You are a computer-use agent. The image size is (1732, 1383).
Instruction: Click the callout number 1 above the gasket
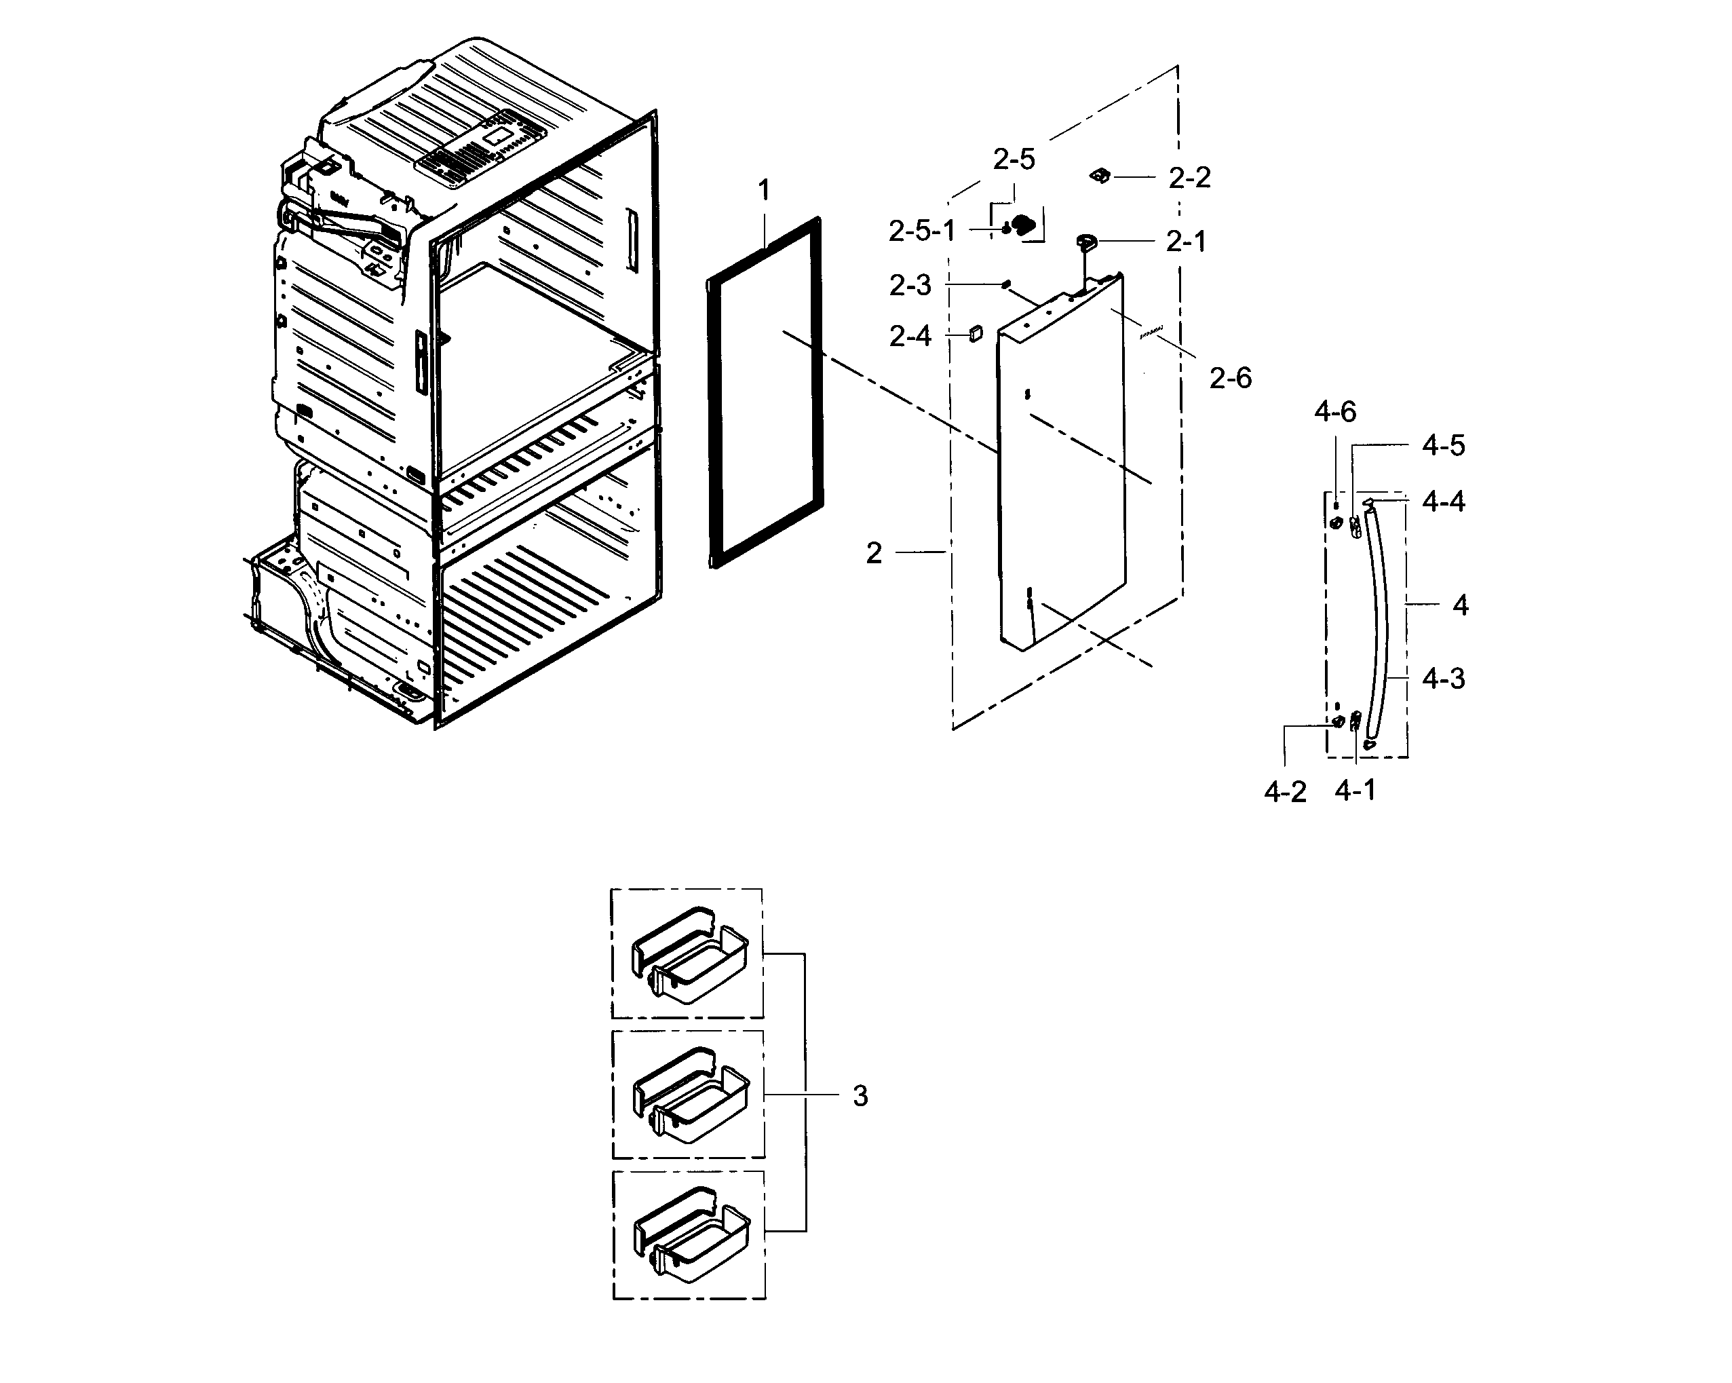coord(763,191)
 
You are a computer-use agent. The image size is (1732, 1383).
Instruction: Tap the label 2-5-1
coord(921,231)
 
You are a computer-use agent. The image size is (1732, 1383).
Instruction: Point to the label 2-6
coord(1230,378)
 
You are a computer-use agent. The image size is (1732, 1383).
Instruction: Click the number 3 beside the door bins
coord(860,1096)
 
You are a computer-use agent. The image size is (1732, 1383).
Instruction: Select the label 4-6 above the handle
coord(1334,412)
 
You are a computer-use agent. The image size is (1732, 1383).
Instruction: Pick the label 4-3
coord(1443,679)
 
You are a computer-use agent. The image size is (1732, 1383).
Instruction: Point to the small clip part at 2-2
coord(1100,175)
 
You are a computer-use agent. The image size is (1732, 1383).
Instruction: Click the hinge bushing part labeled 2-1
coord(1086,240)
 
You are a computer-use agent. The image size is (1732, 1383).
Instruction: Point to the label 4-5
coord(1443,445)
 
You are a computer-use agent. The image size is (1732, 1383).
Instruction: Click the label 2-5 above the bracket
coord(1014,160)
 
